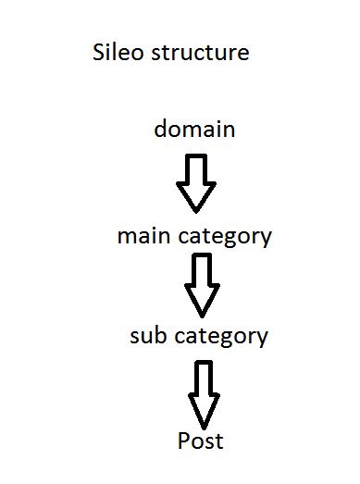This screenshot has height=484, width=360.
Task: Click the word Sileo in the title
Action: [x=118, y=52]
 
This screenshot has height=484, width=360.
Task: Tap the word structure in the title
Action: [x=200, y=53]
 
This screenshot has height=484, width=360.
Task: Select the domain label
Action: [x=194, y=128]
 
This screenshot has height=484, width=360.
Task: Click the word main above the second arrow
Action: [x=143, y=236]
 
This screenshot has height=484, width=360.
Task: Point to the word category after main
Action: [x=225, y=238]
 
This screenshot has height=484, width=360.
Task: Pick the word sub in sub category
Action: [x=148, y=335]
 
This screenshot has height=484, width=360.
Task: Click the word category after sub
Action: [x=221, y=338]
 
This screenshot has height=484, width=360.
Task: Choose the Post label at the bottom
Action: [x=201, y=441]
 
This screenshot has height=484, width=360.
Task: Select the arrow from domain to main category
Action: [x=196, y=183]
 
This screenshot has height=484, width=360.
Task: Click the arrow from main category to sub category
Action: [x=203, y=286]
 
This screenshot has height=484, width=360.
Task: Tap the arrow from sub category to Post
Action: [x=204, y=395]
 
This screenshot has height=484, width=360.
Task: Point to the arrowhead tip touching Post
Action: [x=204, y=429]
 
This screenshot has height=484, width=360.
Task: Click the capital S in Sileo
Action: [x=98, y=52]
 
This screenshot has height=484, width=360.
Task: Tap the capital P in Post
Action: [x=184, y=441]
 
